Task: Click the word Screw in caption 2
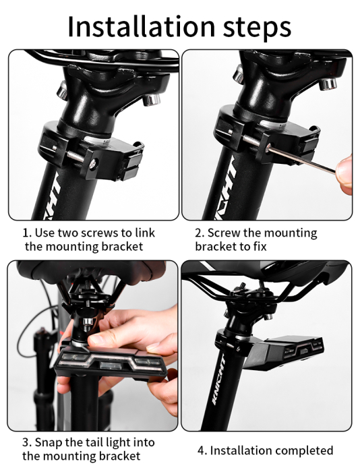coord(223,233)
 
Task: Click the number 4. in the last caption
coord(202,450)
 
